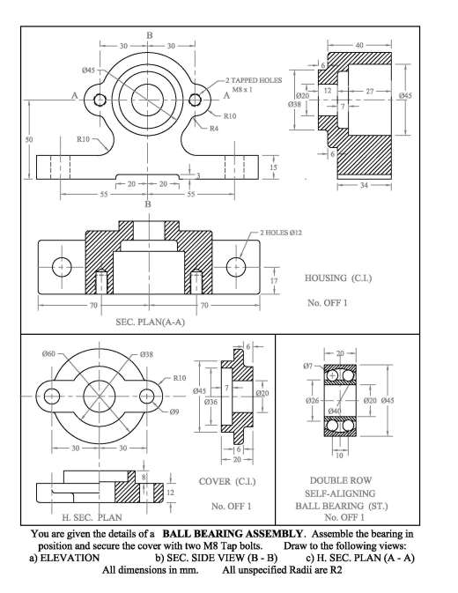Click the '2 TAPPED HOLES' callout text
click(x=254, y=80)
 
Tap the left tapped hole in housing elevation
click(x=100, y=100)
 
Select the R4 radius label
click(x=214, y=129)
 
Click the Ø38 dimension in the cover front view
click(x=146, y=354)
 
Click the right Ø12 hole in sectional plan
click(x=236, y=267)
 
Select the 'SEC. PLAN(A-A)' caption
click(x=150, y=322)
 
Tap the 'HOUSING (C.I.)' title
click(x=338, y=278)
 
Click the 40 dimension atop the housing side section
click(x=359, y=45)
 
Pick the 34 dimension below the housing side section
click(x=364, y=185)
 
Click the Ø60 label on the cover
click(x=48, y=353)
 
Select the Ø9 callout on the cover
click(x=174, y=411)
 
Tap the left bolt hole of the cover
click(x=51, y=397)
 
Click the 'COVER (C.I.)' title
click(x=227, y=481)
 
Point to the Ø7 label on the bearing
click(x=308, y=366)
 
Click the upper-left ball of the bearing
click(x=332, y=375)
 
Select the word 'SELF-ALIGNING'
click(x=340, y=493)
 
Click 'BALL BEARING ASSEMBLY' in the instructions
click(x=233, y=534)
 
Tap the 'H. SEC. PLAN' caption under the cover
click(x=92, y=517)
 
